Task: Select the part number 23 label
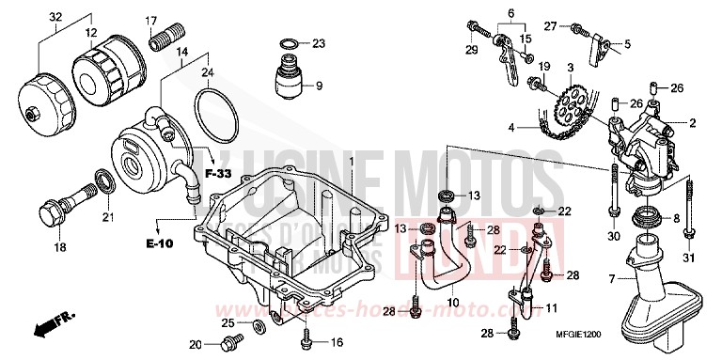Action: [x=319, y=43]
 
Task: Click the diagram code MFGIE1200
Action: [x=654, y=337]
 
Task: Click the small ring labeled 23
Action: [x=290, y=42]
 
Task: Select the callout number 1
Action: [x=353, y=162]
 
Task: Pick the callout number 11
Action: [x=551, y=308]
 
